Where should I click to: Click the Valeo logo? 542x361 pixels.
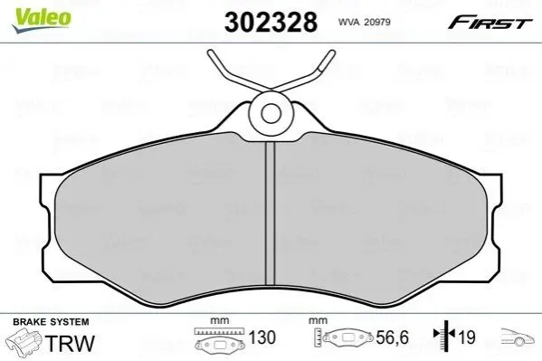42,20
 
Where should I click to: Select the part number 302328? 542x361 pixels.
271,22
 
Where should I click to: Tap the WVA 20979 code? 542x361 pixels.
365,22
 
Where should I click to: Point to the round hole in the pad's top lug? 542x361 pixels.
271,114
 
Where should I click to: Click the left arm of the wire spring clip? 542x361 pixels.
239,73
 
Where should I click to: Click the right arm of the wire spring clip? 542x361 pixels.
304,73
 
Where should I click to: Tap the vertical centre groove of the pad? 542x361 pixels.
270,214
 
